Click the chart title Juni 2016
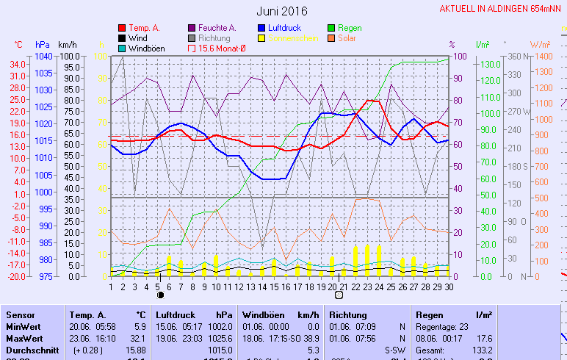[x=282, y=11]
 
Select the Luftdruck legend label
[x=285, y=28]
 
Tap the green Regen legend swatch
[x=333, y=28]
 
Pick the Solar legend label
[x=347, y=38]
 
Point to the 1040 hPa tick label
[x=43, y=56]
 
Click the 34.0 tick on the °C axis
[x=18, y=65]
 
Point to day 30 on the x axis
[x=448, y=287]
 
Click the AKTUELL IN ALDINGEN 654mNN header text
[x=502, y=9]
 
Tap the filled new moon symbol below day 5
[x=159, y=295]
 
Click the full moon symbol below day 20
[x=339, y=295]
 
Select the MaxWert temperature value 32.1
[x=137, y=338]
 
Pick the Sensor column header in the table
[x=20, y=314]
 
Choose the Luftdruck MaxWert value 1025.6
[x=220, y=338]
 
